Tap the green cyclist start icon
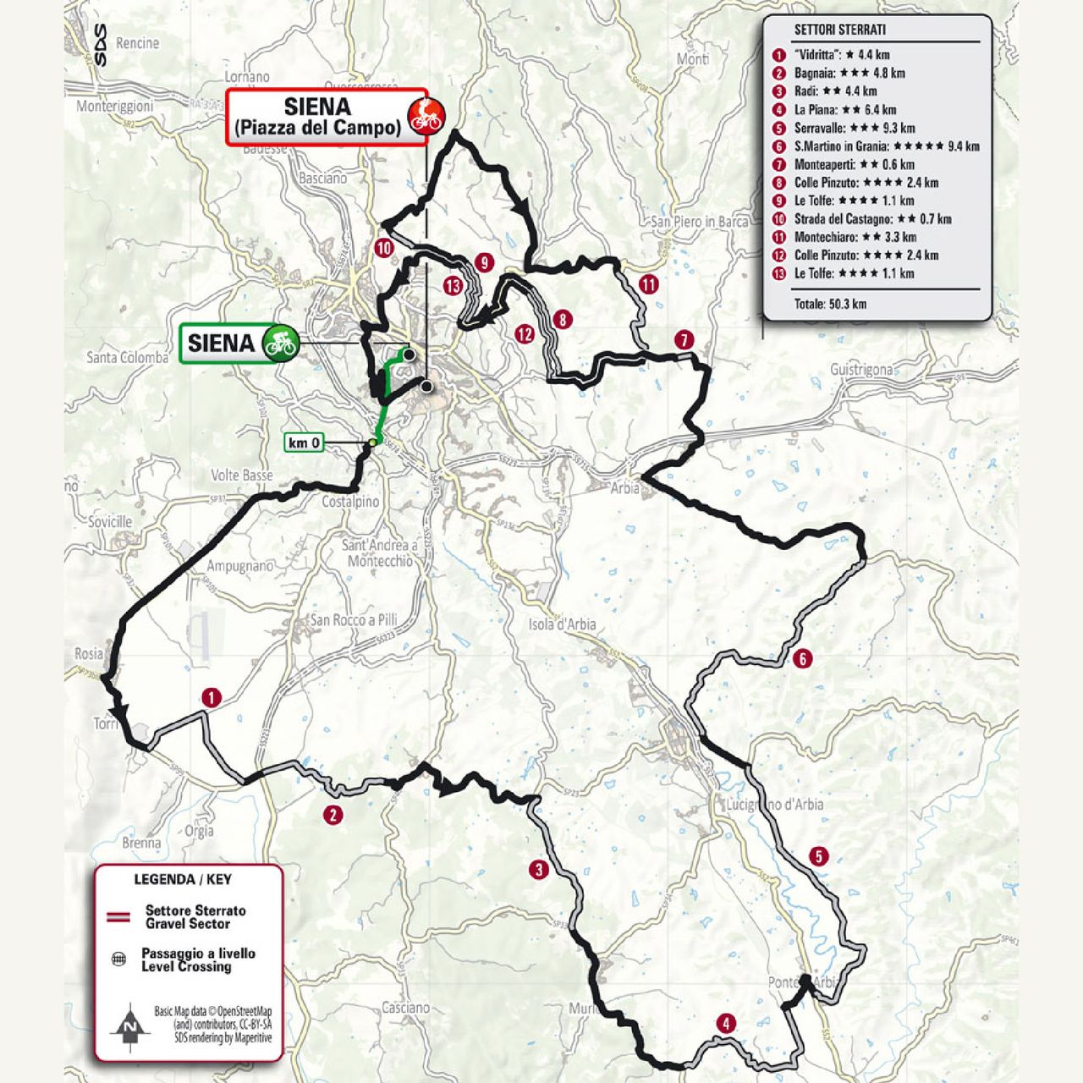[280, 343]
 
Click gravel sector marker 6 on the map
[802, 658]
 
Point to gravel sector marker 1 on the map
[211, 698]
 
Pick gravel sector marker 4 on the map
[725, 1024]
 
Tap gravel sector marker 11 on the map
[648, 284]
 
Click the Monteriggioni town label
[115, 107]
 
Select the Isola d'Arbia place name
[562, 624]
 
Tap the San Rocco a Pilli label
[353, 619]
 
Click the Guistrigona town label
[861, 370]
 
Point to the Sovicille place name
[109, 522]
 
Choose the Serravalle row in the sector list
[854, 129]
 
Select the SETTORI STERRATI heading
[839, 30]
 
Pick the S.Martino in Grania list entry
[886, 146]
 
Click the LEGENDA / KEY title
[182, 879]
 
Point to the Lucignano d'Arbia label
[773, 804]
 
